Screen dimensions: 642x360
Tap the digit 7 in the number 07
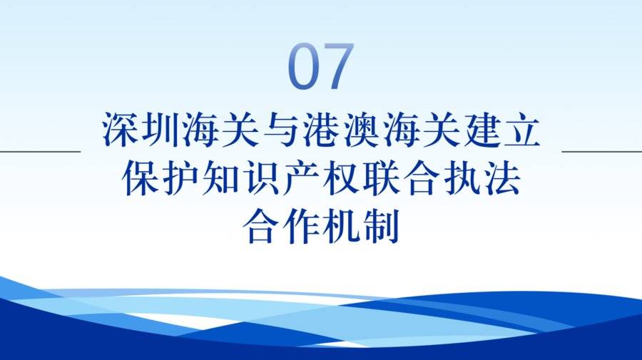337,66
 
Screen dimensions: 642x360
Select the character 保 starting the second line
140,178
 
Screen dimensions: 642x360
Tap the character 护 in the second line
180,178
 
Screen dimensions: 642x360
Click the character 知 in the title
220,178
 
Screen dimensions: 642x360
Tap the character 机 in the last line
341,226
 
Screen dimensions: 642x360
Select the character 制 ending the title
381,226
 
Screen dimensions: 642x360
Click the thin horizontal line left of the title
40,151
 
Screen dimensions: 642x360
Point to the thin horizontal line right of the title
602,151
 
